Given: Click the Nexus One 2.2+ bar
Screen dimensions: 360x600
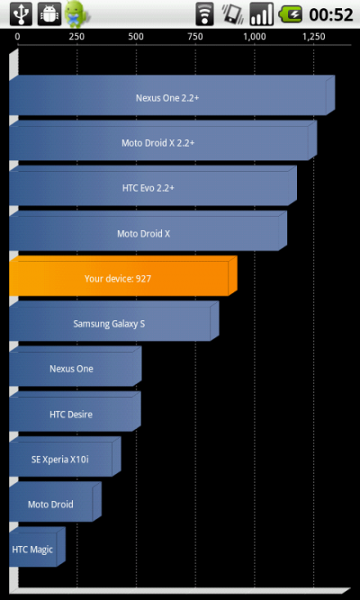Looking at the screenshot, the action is [x=172, y=95].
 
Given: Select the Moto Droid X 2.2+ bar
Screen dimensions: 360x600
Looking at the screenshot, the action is [x=163, y=140].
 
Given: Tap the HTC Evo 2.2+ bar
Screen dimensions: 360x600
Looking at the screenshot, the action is [x=153, y=185].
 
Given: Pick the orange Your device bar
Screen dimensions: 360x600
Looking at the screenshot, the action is [x=123, y=276].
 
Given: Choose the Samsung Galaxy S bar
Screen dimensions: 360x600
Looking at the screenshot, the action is [x=114, y=321].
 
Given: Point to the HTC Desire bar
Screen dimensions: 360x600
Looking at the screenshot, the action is [x=75, y=411].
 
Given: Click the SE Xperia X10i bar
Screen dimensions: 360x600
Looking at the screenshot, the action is [x=65, y=456].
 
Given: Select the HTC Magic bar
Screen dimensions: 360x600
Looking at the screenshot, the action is [x=37, y=547].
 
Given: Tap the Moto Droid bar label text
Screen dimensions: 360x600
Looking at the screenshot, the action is [x=50, y=505].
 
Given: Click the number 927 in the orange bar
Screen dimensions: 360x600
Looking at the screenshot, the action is [x=143, y=279].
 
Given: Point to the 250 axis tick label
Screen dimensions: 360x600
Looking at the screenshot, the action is [x=76, y=37].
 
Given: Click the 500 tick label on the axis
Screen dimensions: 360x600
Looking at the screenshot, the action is [x=136, y=37].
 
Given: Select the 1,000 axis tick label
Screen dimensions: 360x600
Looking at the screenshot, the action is [x=255, y=37].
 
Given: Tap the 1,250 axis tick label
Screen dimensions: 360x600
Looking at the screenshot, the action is [x=314, y=37].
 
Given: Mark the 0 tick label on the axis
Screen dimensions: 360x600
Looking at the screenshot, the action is [x=18, y=37].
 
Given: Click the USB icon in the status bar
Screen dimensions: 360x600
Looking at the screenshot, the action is [x=21, y=13].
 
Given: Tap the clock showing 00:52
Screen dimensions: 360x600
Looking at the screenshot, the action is [x=331, y=15].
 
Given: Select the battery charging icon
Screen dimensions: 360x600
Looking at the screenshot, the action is [x=291, y=14].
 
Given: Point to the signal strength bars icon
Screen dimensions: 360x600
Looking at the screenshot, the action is [x=262, y=14].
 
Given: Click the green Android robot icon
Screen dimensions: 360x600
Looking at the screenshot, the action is [x=76, y=14].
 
